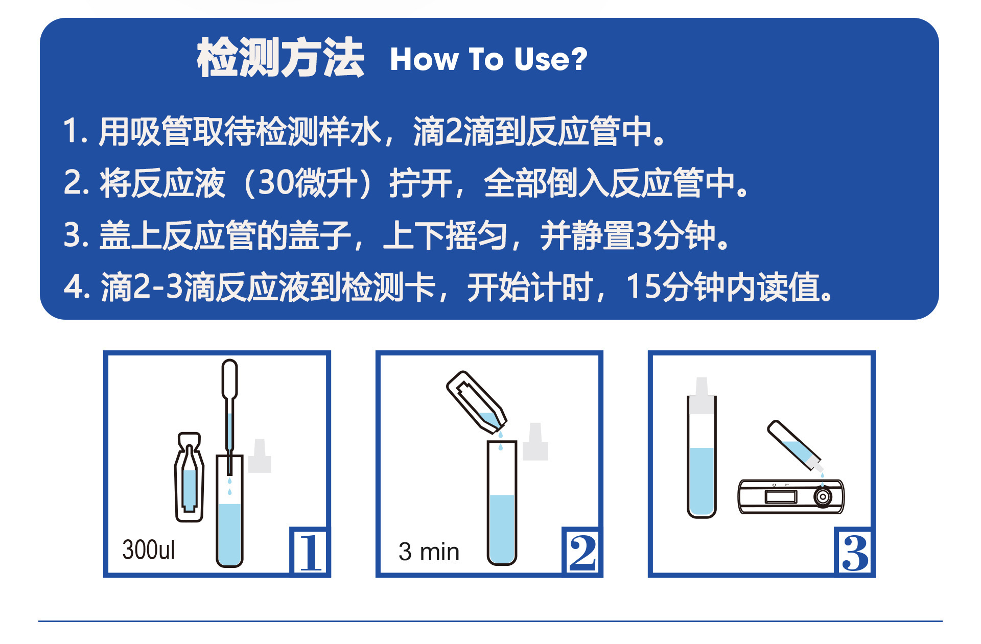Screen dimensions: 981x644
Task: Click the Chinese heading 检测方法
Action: pos(280,58)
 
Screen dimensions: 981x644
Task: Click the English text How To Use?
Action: pos(488,59)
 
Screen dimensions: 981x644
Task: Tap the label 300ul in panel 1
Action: pos(149,550)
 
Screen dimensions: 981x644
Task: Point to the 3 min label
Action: pos(429,552)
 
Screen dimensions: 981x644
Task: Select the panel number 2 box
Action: pos(582,552)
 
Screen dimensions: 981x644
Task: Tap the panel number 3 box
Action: pos(855,552)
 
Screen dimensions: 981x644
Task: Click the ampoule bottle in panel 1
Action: pos(189,477)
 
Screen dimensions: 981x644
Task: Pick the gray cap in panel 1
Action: pos(260,456)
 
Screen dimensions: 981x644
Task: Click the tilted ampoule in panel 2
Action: pos(477,402)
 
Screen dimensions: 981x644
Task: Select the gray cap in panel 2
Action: pos(535,441)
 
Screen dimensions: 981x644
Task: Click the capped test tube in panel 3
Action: pos(702,448)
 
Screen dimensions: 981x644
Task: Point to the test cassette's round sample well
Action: pos(823,496)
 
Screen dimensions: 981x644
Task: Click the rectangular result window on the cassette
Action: pos(780,496)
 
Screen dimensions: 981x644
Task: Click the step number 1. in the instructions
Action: pos(76,131)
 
